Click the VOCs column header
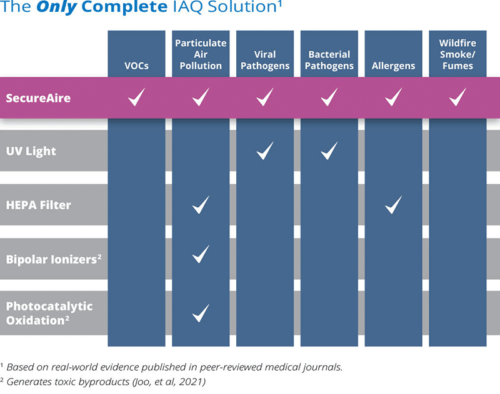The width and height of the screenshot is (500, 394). (x=136, y=66)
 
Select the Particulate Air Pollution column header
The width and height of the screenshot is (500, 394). (x=201, y=54)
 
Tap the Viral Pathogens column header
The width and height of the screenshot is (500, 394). (x=265, y=60)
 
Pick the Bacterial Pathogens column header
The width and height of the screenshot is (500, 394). (x=329, y=60)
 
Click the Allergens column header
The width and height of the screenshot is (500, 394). (x=393, y=66)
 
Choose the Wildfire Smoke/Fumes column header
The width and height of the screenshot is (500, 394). (x=457, y=54)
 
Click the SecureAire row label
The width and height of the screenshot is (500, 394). (x=38, y=98)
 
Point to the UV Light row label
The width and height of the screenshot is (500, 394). (x=31, y=151)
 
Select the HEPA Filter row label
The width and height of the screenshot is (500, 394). (x=39, y=205)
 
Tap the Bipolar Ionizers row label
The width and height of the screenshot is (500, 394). (x=54, y=259)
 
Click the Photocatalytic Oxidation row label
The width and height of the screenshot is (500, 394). (x=49, y=313)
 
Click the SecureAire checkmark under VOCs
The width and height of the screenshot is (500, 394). (x=136, y=97)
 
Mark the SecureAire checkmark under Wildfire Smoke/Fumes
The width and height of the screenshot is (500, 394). (x=457, y=97)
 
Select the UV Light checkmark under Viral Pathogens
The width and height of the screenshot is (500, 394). (x=265, y=150)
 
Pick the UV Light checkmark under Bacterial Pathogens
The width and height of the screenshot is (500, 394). (x=329, y=150)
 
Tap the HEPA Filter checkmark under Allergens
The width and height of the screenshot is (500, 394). (x=394, y=204)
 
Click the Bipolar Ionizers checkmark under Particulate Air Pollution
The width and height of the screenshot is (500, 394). (x=201, y=254)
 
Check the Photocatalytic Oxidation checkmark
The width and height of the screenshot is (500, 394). (x=201, y=313)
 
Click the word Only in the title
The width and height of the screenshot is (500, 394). (x=57, y=7)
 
